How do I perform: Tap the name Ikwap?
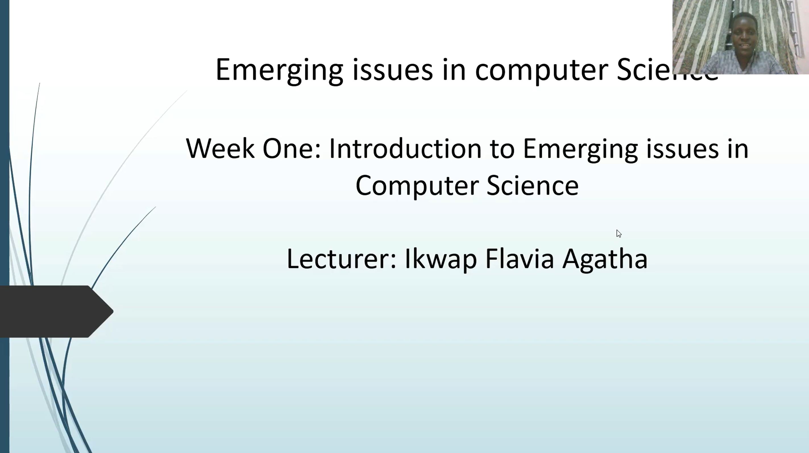click(x=441, y=259)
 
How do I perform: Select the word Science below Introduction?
click(x=532, y=185)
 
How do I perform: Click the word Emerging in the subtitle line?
click(x=580, y=149)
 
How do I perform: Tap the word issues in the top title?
click(x=393, y=70)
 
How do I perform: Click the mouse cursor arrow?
click(x=619, y=233)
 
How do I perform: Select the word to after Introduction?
click(x=502, y=149)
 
